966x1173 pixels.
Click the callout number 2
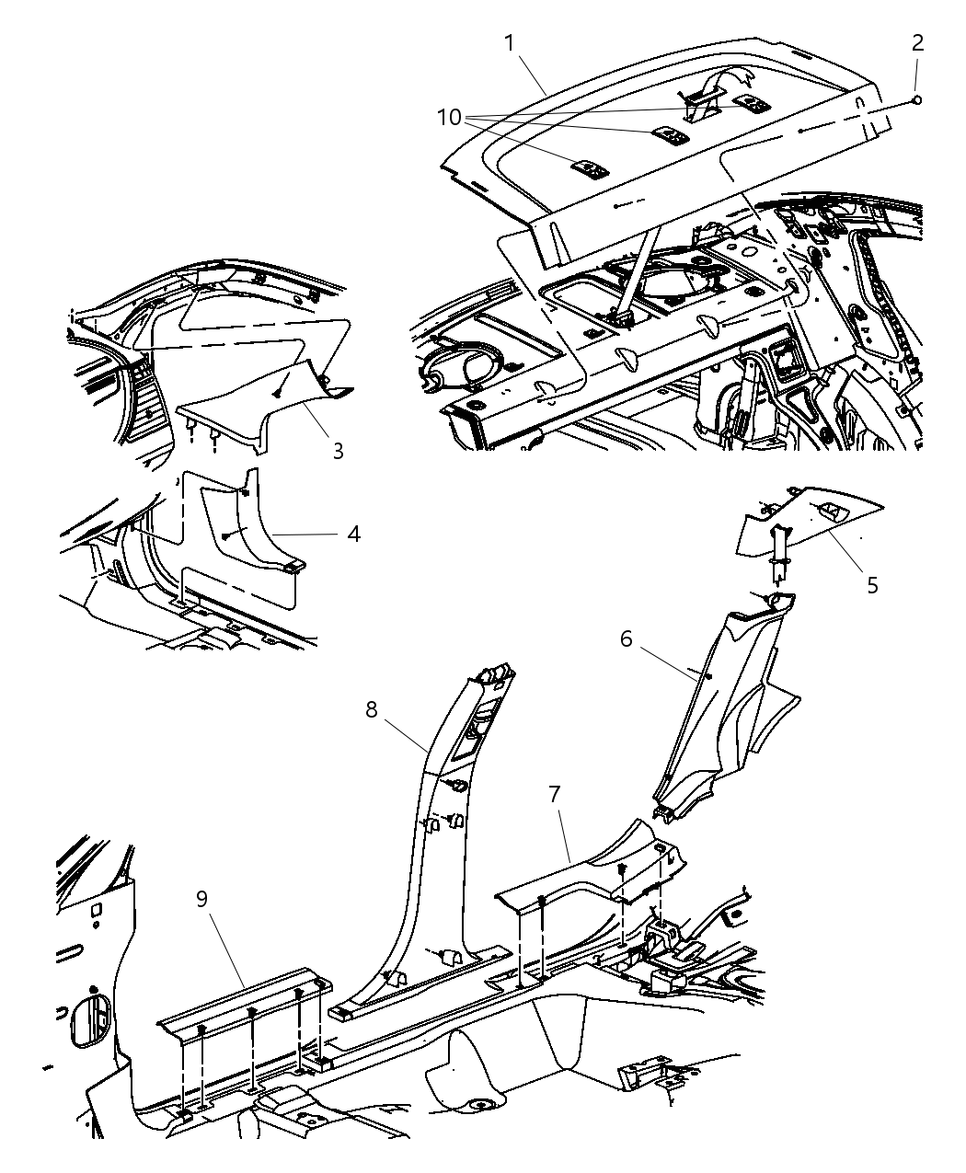click(x=917, y=42)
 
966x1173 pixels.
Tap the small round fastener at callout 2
click(x=917, y=100)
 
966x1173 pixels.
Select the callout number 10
click(x=449, y=117)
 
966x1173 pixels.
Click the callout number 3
click(x=338, y=451)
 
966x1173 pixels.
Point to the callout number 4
click(x=353, y=533)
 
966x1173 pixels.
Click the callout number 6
click(x=626, y=638)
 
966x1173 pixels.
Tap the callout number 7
click(x=555, y=793)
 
